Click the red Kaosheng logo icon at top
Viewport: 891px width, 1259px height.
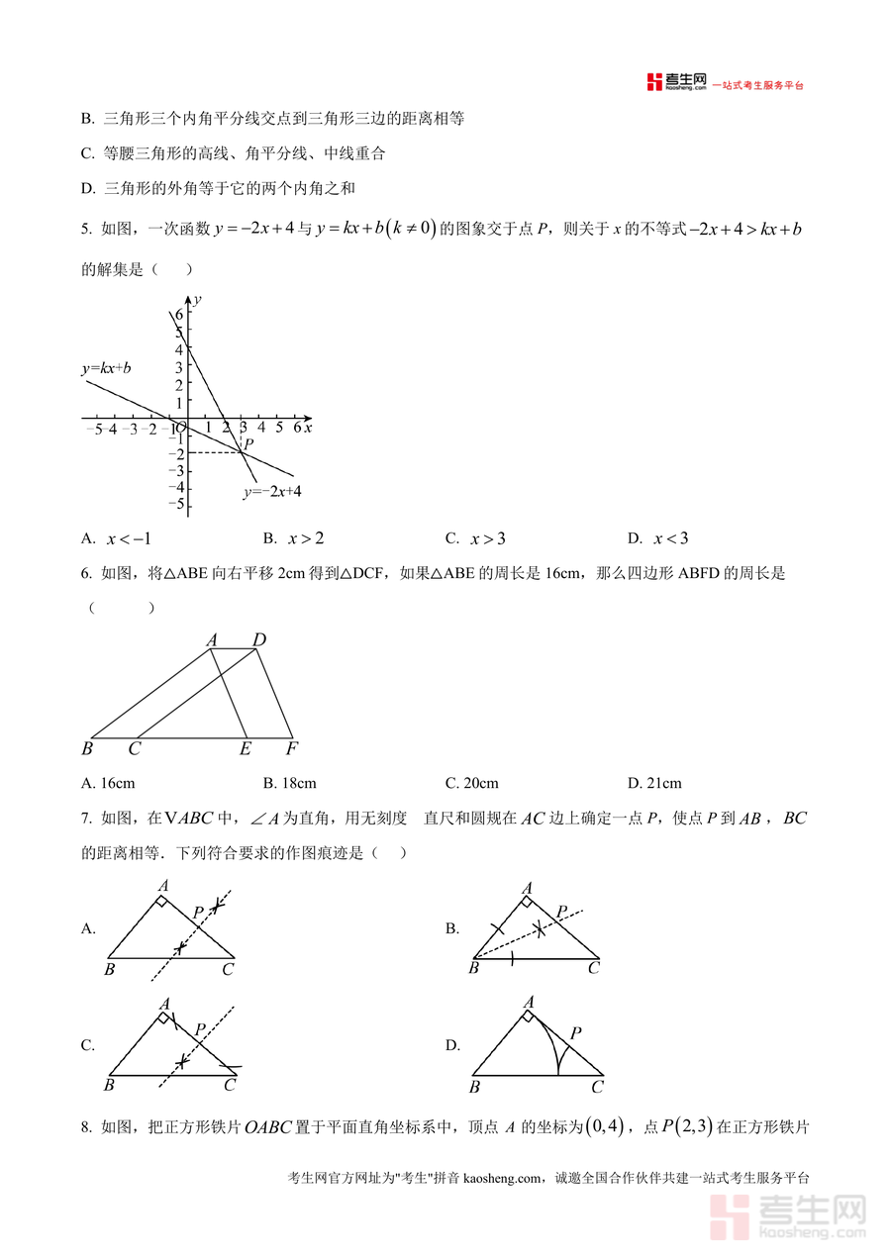pyautogui.click(x=653, y=82)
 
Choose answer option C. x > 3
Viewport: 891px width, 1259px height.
pyautogui.click(x=475, y=538)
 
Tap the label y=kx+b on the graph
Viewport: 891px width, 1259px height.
pyautogui.click(x=106, y=368)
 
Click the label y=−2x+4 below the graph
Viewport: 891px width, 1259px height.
pyautogui.click(x=272, y=490)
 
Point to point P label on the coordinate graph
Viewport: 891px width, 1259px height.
pyautogui.click(x=249, y=444)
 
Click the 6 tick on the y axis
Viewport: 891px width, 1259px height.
pyautogui.click(x=179, y=315)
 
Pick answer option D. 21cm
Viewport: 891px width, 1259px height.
pyautogui.click(x=654, y=783)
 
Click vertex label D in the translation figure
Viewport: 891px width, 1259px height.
pyautogui.click(x=259, y=640)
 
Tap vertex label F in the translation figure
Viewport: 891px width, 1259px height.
pyautogui.click(x=291, y=749)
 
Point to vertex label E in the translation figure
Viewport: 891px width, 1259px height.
pyautogui.click(x=246, y=749)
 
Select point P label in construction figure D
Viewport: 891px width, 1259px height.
pyautogui.click(x=575, y=1033)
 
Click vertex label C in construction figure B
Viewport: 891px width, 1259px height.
pyautogui.click(x=594, y=968)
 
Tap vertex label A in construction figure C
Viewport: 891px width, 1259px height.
pyautogui.click(x=164, y=1003)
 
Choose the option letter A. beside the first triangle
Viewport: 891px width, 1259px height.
pyautogui.click(x=88, y=928)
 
